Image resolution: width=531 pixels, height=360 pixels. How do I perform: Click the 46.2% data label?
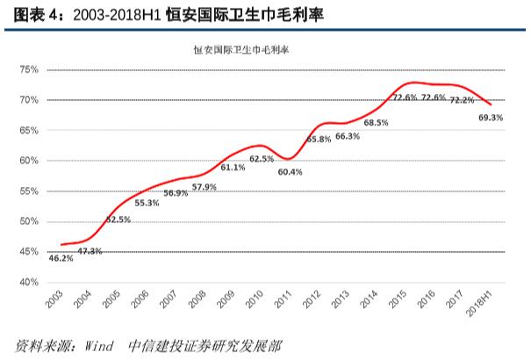(x=61, y=258)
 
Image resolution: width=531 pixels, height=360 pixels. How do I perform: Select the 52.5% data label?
(x=118, y=220)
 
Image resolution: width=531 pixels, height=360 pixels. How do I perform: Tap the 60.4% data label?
(x=290, y=172)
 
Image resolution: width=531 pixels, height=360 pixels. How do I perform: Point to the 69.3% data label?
(x=491, y=117)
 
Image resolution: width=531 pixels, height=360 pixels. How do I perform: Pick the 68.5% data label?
(x=376, y=123)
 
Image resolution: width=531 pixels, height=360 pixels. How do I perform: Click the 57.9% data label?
(x=204, y=187)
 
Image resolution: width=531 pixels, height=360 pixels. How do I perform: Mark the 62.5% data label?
(x=262, y=159)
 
